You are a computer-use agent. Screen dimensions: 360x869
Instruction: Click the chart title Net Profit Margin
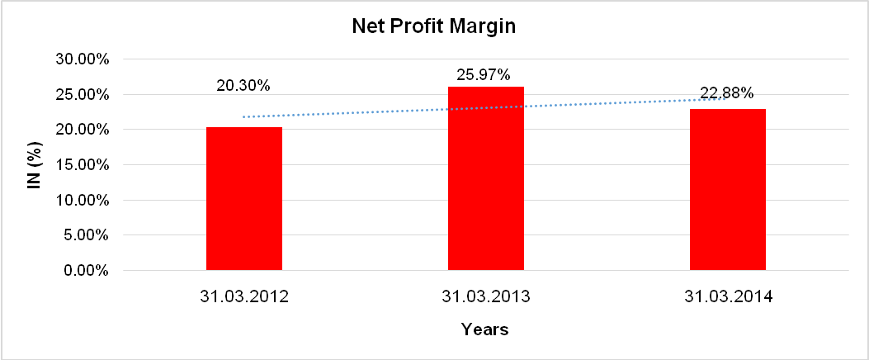pyautogui.click(x=433, y=26)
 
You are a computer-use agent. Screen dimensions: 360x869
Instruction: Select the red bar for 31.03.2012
pyautogui.click(x=243, y=198)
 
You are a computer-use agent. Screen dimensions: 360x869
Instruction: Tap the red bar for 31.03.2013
pyautogui.click(x=485, y=178)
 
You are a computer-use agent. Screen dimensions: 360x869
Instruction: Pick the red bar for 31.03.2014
pyautogui.click(x=727, y=189)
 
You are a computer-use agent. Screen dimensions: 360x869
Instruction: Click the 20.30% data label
pyautogui.click(x=243, y=85)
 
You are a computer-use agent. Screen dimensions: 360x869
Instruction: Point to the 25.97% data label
pyautogui.click(x=485, y=73)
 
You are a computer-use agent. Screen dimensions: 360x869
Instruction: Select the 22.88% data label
pyautogui.click(x=726, y=93)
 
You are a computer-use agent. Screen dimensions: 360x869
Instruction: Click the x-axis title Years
pyautogui.click(x=484, y=330)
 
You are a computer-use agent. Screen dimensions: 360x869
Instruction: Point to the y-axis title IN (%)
pyautogui.click(x=35, y=165)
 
